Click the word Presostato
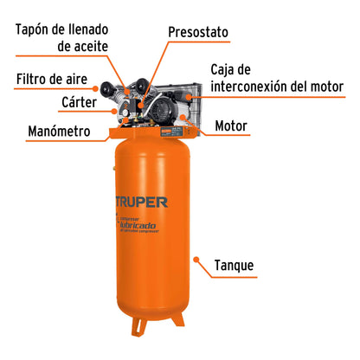198,32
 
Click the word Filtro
34,80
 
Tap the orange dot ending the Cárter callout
114,110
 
